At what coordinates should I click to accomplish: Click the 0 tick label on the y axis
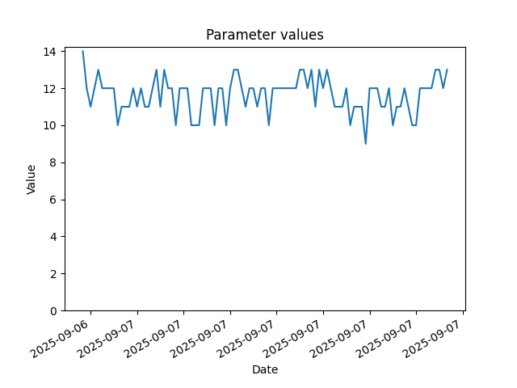(53, 311)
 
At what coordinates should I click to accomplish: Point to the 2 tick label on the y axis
(53, 274)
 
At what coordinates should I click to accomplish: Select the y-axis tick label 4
(53, 237)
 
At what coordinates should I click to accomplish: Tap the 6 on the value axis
(53, 200)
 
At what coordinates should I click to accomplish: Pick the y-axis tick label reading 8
(53, 163)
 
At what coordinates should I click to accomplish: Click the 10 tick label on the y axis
(50, 126)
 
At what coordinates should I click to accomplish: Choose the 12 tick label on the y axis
(50, 89)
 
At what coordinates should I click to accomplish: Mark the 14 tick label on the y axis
(50, 52)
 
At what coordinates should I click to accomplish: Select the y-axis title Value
(31, 179)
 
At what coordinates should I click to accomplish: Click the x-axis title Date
(265, 369)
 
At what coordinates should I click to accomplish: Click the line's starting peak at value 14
(82, 51)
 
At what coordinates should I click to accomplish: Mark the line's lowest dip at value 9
(366, 144)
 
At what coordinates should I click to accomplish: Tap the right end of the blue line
(447, 70)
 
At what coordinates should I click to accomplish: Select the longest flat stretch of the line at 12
(284, 88)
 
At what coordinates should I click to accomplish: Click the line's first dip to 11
(90, 106)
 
